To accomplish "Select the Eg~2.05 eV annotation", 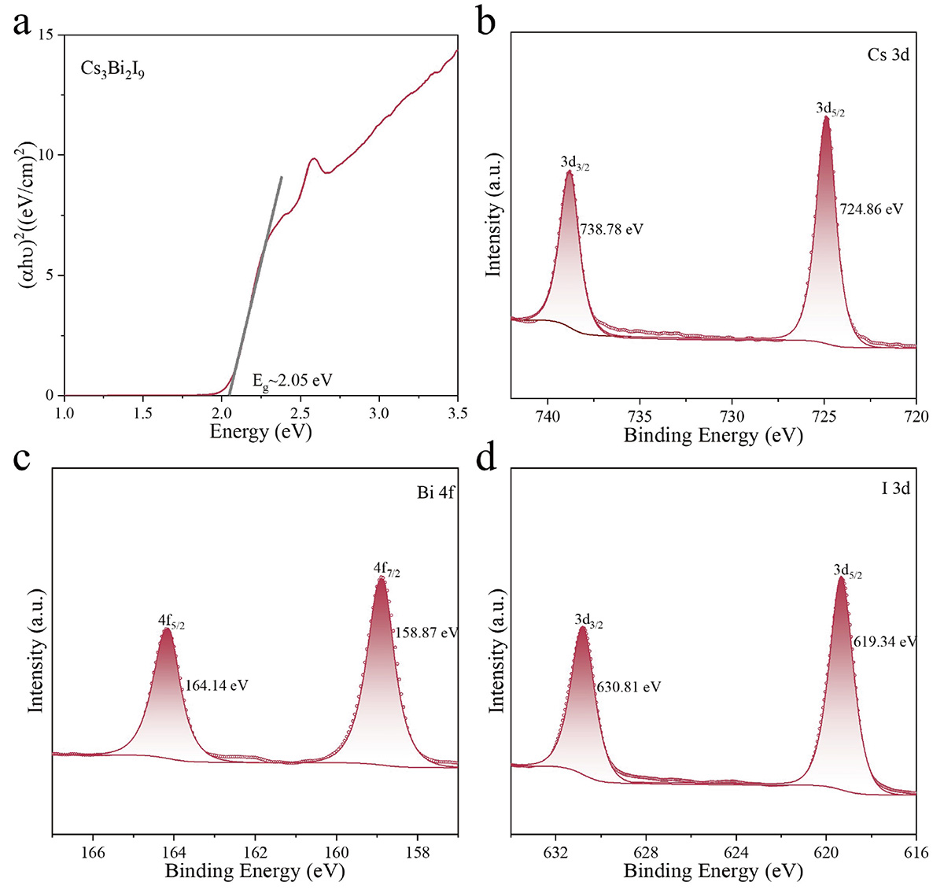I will pyautogui.click(x=292, y=381).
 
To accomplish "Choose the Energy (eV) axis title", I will pyautogui.click(x=260, y=432).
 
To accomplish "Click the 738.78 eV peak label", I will pyautogui.click(x=612, y=230).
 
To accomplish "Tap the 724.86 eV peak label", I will pyautogui.click(x=871, y=210).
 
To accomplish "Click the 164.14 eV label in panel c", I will pyautogui.click(x=216, y=685).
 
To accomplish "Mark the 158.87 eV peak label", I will pyautogui.click(x=426, y=633).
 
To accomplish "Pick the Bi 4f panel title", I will pyautogui.click(x=436, y=494).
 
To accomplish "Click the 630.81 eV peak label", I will pyautogui.click(x=629, y=687).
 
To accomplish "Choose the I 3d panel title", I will pyautogui.click(x=895, y=489).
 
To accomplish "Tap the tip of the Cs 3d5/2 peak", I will pyautogui.click(x=826, y=118).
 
